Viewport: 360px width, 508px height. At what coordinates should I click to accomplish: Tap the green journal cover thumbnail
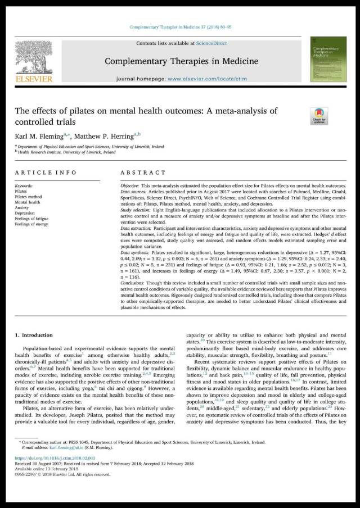coord(328,59)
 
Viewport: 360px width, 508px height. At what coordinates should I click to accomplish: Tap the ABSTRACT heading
coord(143,173)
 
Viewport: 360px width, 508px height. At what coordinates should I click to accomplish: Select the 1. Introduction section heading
coord(37,335)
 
